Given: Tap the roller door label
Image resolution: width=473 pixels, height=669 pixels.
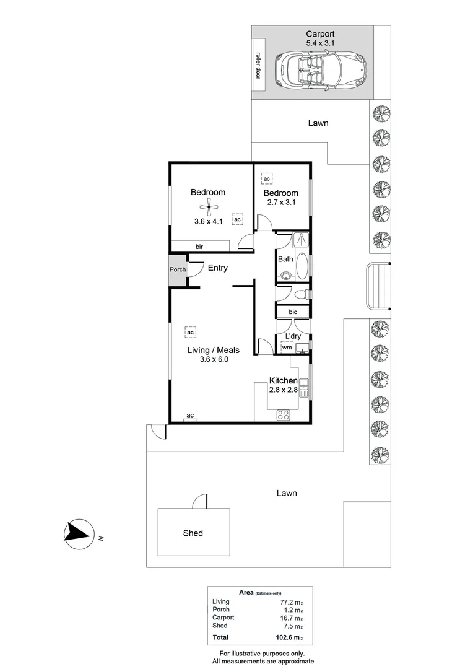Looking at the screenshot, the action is [258, 65].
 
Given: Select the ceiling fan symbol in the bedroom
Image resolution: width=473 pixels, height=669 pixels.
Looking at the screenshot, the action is [209, 207].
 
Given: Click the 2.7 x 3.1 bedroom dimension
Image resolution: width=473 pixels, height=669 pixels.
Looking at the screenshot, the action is [281, 202].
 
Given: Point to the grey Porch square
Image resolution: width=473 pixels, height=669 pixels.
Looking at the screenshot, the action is [178, 269].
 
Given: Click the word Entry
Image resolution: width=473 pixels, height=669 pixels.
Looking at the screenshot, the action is [217, 268].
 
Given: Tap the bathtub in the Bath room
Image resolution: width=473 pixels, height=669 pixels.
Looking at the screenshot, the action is [302, 266].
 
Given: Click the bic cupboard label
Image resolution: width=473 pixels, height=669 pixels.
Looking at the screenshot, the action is [293, 312].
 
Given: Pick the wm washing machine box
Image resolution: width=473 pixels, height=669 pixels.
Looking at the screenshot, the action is [287, 348].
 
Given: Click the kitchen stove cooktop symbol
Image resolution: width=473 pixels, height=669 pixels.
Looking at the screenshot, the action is [284, 414].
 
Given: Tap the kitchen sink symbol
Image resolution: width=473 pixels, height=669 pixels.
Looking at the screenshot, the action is [304, 388].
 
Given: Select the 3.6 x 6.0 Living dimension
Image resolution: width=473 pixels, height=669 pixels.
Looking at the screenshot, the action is [214, 359].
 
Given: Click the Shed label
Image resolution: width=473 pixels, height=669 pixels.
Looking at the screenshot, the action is [193, 533].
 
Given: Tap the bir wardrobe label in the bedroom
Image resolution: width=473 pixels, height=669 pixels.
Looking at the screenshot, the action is [199, 247].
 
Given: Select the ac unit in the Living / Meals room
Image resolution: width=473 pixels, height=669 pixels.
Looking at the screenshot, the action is [191, 333].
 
